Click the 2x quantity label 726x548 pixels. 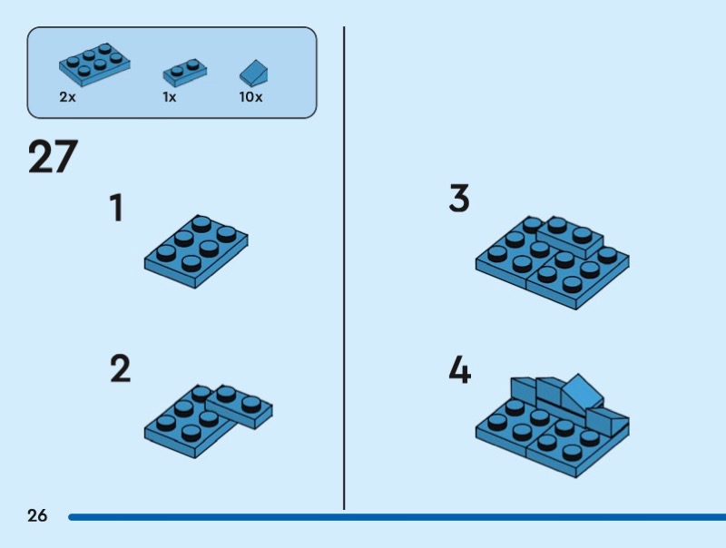click(67, 97)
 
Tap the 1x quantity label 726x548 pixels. click(170, 97)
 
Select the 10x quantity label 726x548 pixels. click(250, 97)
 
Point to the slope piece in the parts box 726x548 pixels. click(253, 72)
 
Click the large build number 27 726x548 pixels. click(53, 157)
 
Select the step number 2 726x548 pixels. click(120, 369)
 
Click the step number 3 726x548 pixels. click(459, 199)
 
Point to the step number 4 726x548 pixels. click(460, 369)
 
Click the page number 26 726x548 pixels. click(37, 516)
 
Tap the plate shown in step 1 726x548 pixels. click(195, 251)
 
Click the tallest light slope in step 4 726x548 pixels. click(581, 392)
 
